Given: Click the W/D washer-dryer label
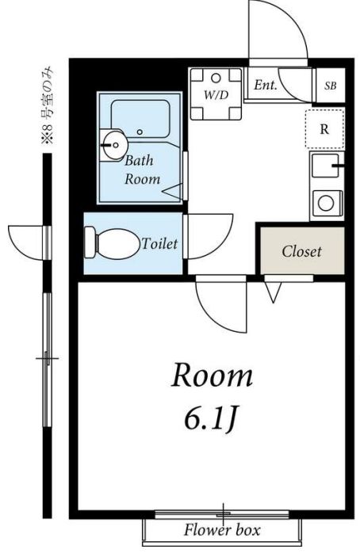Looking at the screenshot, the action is click(x=216, y=94).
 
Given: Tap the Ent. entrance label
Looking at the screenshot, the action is click(x=266, y=85).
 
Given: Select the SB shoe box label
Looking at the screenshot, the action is click(x=331, y=86).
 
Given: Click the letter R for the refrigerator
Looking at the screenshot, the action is click(x=324, y=129).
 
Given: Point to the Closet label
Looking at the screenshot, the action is click(x=302, y=251).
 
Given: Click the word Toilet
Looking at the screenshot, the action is click(x=159, y=243).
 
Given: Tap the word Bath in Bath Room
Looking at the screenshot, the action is click(x=139, y=161).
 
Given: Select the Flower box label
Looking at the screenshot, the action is click(x=222, y=530).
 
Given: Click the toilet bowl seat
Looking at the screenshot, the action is click(x=117, y=243).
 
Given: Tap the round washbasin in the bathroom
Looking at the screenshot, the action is click(x=113, y=145).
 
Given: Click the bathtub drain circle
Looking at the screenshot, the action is click(x=140, y=132).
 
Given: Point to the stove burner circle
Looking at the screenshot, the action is click(x=326, y=203).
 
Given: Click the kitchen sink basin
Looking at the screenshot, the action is click(x=325, y=166).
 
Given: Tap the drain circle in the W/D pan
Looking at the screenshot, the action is click(x=216, y=78).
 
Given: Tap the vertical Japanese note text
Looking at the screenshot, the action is click(x=48, y=105).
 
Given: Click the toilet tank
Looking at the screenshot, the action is click(x=90, y=243).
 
